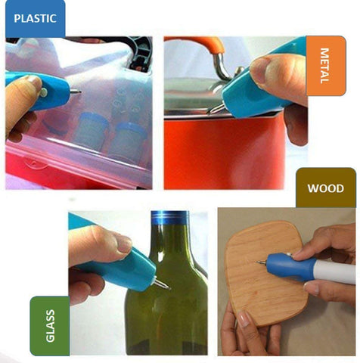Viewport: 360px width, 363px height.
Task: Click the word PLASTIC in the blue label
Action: [x=35, y=18]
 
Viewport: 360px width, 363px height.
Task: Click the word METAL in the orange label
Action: [x=324, y=66]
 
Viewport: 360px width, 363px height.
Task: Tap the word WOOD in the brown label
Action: [x=325, y=188]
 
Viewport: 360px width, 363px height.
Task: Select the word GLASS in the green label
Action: [x=50, y=326]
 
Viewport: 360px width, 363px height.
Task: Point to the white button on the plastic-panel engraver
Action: [x=44, y=92]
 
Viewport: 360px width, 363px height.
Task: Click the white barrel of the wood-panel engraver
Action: [x=334, y=271]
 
